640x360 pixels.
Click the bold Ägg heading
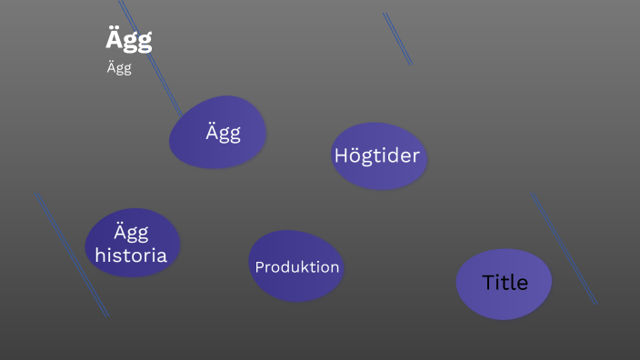point(128,40)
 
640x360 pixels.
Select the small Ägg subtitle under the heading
point(119,69)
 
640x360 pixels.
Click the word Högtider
point(377,155)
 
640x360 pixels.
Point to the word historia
point(131,255)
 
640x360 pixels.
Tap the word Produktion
point(297,267)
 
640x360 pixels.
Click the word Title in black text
point(505,283)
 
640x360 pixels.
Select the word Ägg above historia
point(131,232)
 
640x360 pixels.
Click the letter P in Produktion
point(259,267)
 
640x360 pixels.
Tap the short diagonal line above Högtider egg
point(398,39)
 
